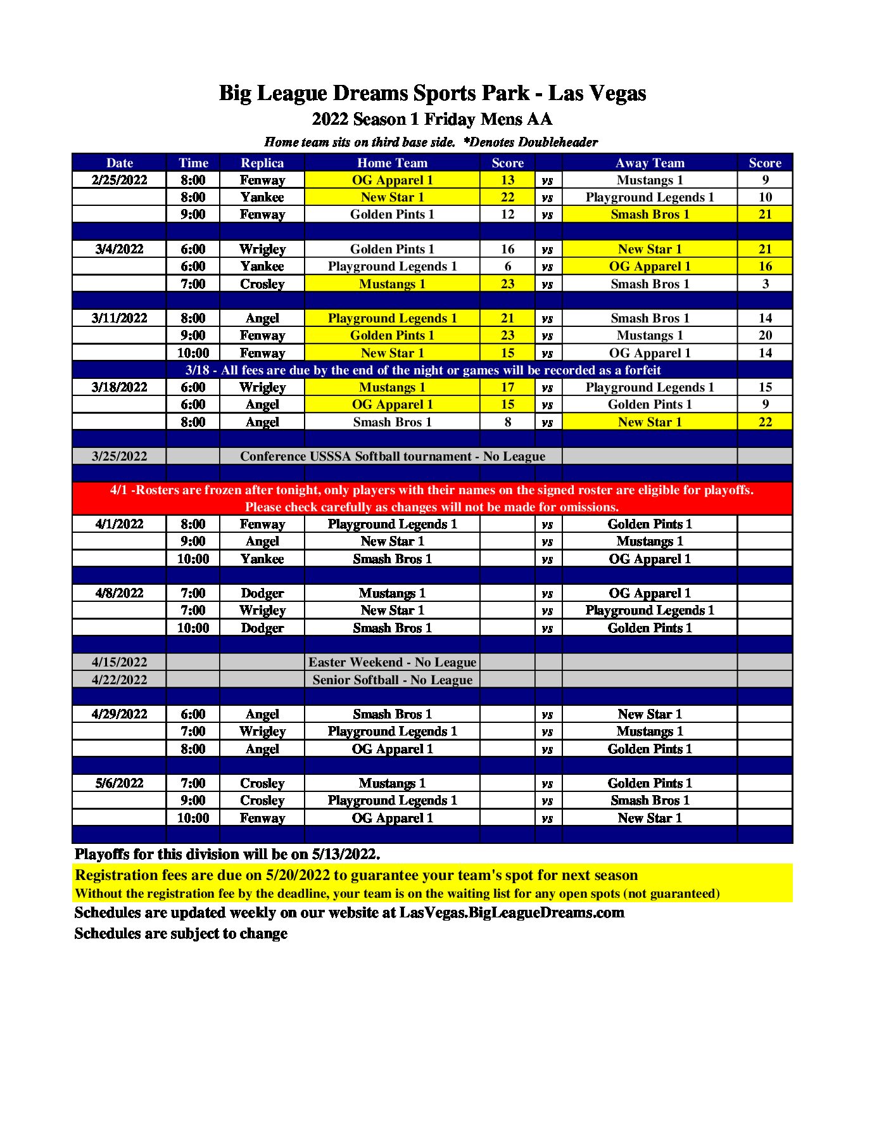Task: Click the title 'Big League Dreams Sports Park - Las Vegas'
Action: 432,93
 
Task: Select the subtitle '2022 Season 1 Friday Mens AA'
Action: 432,119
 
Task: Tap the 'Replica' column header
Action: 262,163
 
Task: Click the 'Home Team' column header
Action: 392,163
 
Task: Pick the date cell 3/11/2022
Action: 119,318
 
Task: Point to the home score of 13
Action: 507,180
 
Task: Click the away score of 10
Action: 765,197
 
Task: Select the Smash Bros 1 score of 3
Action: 765,284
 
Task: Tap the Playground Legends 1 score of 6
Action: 507,266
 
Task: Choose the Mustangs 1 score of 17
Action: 507,387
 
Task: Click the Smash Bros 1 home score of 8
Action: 507,422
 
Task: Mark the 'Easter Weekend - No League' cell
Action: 392,662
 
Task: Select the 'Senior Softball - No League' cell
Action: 392,680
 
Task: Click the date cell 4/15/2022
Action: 119,662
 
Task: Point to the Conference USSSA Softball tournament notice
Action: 392,456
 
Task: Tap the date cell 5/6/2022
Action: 119,783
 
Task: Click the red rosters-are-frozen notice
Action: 432,498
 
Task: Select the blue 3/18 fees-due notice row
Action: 423,370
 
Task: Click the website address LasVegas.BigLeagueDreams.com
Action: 512,912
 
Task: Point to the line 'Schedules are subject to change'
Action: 181,933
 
